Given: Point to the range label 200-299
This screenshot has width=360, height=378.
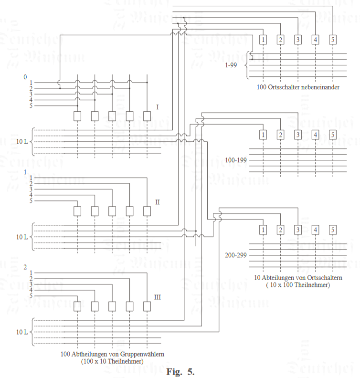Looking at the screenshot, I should (235, 255).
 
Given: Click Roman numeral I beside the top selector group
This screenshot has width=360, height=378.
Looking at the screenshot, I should (157, 107).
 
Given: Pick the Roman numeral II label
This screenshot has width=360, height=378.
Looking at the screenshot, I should (158, 202).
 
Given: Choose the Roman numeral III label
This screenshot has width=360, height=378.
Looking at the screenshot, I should (158, 297).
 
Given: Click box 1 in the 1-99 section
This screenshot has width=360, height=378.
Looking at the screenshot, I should (263, 40).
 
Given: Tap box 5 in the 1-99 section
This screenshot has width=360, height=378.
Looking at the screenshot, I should (332, 40).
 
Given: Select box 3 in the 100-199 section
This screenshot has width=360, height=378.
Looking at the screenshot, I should (297, 135).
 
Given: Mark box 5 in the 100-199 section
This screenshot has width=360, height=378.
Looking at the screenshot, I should (332, 135).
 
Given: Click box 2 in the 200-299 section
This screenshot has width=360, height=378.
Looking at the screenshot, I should (280, 230).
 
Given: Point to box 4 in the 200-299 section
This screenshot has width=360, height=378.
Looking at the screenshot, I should (315, 230).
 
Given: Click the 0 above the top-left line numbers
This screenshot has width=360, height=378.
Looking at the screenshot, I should (25, 77).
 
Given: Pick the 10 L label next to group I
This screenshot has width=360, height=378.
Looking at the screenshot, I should (21, 142).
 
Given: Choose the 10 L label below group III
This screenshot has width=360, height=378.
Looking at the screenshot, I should (21, 332).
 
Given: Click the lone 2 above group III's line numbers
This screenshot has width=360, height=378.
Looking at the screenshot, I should (25, 267).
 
